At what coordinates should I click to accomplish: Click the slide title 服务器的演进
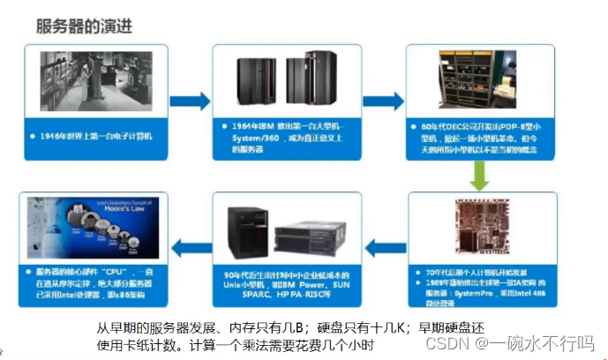(x=84, y=26)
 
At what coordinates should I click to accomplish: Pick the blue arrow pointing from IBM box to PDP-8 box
(x=382, y=101)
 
